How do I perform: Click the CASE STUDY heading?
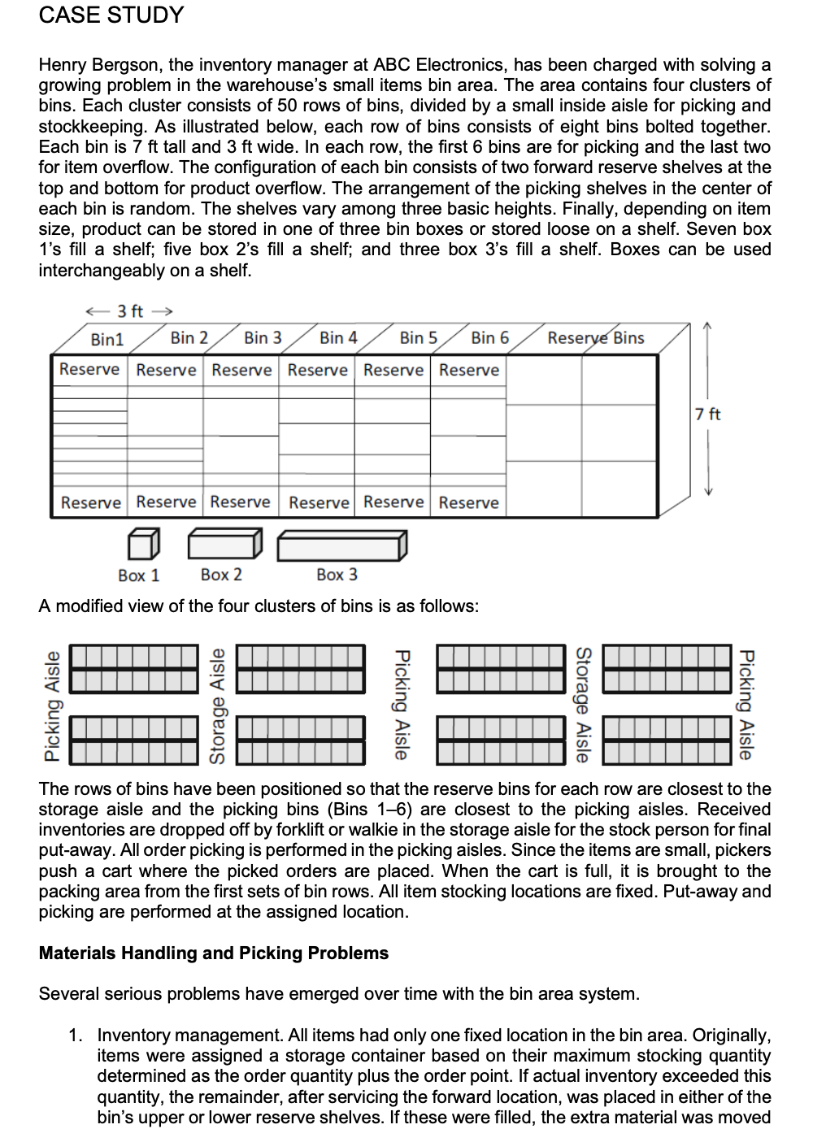click(111, 15)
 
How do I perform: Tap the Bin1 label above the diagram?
click(107, 339)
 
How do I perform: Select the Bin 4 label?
click(338, 337)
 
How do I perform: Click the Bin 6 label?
click(489, 337)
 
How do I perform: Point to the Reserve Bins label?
click(595, 337)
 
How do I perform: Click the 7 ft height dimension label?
click(708, 414)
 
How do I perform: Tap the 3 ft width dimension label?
click(130, 310)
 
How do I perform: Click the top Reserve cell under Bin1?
click(89, 369)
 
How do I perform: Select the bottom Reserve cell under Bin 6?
click(468, 502)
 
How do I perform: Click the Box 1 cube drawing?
click(144, 544)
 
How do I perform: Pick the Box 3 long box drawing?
click(341, 545)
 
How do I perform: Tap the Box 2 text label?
click(221, 575)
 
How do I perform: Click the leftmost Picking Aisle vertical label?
click(52, 706)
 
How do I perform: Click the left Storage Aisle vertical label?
click(217, 706)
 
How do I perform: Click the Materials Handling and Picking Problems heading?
click(214, 953)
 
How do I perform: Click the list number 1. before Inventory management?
click(76, 1036)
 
